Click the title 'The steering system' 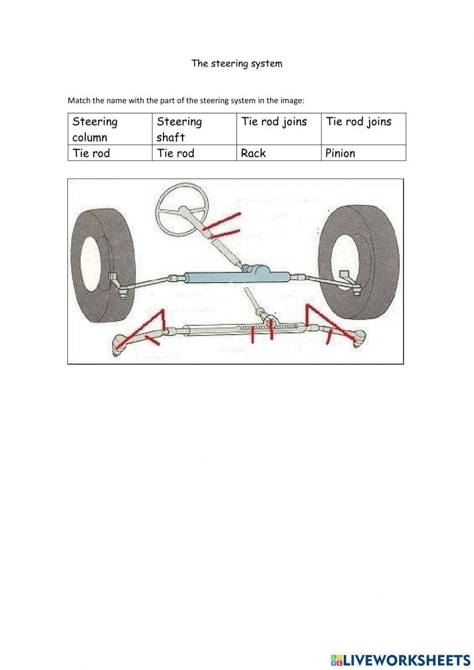coord(237,64)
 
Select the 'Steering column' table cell coord(109,129)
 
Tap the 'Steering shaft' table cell coord(194,129)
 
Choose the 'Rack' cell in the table coord(278,153)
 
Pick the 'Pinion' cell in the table coord(363,153)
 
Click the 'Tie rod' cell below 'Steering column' coord(109,153)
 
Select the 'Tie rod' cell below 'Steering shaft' coord(194,153)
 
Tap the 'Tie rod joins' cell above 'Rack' coord(278,129)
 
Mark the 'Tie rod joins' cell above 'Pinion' coord(363,129)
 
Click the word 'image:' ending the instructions coord(293,101)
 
